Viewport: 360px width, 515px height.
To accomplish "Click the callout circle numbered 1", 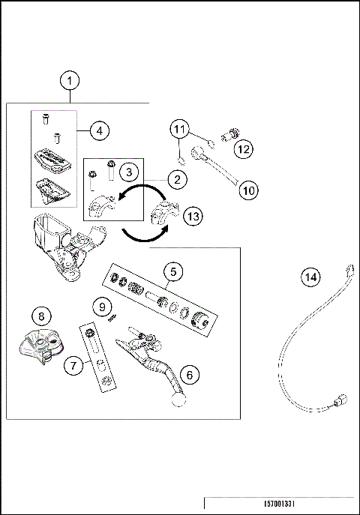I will pos(70,80).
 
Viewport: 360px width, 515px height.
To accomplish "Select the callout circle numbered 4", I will pos(98,130).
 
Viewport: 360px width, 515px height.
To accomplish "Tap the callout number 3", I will pos(130,172).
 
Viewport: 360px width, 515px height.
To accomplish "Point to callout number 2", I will pos(177,179).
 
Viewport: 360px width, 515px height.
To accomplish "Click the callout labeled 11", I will pos(179,129).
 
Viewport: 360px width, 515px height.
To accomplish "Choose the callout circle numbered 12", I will pos(243,149).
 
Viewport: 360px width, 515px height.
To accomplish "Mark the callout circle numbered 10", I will pos(249,190).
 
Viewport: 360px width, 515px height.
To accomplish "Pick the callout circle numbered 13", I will pos(193,217).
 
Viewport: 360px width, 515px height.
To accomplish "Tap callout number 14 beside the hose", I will pos(310,277).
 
